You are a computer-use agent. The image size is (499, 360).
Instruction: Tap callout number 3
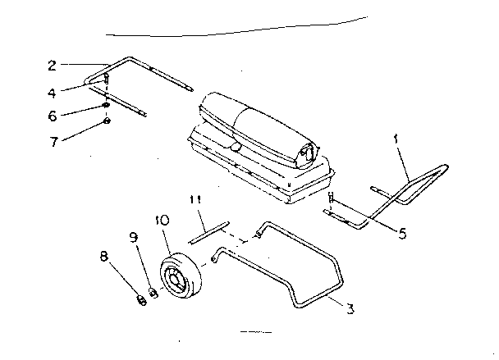coord(350,309)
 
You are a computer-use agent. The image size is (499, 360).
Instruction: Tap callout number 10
coord(162,219)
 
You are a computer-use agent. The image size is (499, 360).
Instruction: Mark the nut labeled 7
coord(108,122)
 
